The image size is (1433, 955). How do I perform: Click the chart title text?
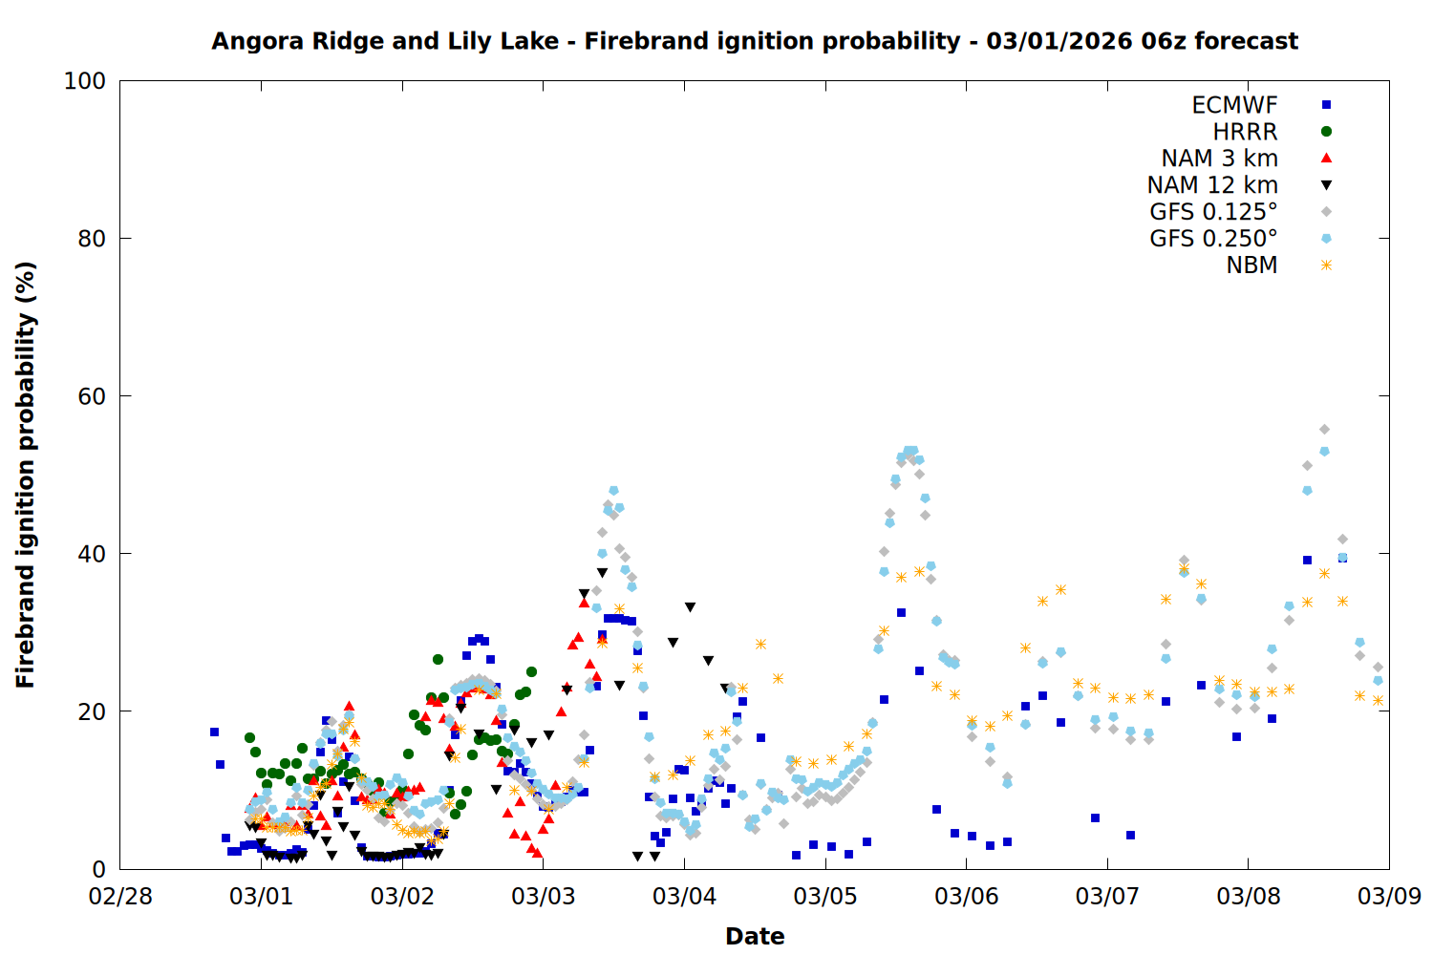[x=755, y=41]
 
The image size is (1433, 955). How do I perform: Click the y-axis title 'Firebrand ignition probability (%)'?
[x=25, y=475]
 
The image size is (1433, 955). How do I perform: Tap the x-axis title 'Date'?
[x=755, y=936]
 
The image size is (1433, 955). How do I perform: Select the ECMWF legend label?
[x=1234, y=105]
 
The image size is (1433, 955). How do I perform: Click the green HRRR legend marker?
[x=1326, y=132]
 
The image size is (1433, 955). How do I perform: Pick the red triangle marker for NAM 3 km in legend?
[x=1326, y=158]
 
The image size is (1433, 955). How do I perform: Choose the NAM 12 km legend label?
[x=1212, y=185]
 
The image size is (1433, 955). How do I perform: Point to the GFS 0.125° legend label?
[x=1213, y=212]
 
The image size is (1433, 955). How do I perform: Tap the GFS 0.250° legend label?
[x=1213, y=239]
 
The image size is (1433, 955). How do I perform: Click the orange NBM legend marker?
[x=1326, y=265]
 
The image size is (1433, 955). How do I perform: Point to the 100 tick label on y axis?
[x=85, y=81]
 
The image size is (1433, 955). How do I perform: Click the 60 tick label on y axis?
[x=92, y=396]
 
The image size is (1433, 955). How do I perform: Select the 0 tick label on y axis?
[x=98, y=869]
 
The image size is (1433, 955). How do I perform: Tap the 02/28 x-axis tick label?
[x=120, y=897]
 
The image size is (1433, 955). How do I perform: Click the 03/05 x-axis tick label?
[x=825, y=897]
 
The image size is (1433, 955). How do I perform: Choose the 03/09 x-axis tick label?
[x=1389, y=897]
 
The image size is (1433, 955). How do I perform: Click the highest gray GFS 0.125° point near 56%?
[x=1324, y=430]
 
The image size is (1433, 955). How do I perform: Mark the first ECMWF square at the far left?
[x=214, y=732]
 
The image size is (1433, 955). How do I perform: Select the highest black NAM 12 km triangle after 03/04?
[x=690, y=607]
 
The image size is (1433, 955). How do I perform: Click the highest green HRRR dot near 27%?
[x=438, y=659]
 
